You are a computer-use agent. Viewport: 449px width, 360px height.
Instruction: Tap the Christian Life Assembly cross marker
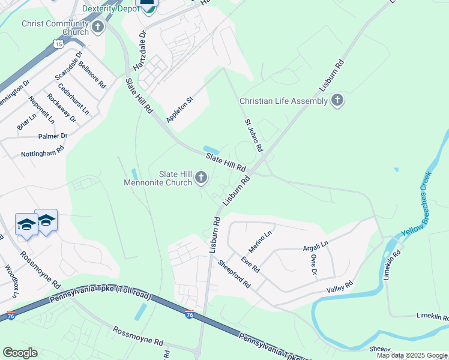click(337, 100)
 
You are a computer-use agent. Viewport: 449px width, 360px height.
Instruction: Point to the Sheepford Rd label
click(234, 274)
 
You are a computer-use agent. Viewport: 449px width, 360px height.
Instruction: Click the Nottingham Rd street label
click(43, 153)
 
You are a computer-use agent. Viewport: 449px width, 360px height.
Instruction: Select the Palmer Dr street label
click(53, 136)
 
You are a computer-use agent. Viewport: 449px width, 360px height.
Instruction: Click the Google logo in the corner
click(20, 353)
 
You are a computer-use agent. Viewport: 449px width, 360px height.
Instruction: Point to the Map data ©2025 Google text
click(411, 355)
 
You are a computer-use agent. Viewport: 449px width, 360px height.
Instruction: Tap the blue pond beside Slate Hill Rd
click(211, 149)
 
